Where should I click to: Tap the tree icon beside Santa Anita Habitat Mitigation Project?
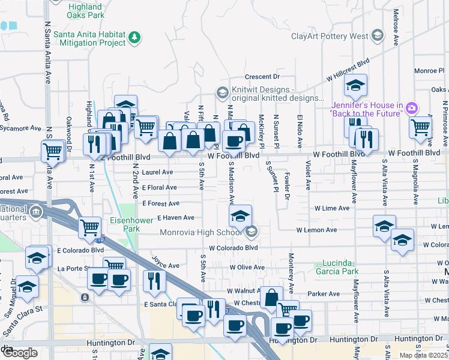(x=135, y=38)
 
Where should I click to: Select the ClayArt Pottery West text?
(x=330, y=36)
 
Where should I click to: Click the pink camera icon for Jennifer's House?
(x=412, y=108)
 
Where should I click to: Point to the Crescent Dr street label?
(x=262, y=77)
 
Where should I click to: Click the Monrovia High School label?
(x=200, y=232)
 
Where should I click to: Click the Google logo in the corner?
(x=20, y=353)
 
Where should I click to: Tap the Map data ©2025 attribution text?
(x=423, y=355)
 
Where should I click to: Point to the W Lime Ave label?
(x=331, y=208)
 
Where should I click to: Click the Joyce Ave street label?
(x=166, y=265)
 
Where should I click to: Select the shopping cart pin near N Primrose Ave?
(x=420, y=127)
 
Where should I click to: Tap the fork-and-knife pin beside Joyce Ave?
(x=154, y=280)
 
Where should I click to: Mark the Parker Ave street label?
(x=324, y=294)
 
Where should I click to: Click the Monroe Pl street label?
(x=428, y=70)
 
